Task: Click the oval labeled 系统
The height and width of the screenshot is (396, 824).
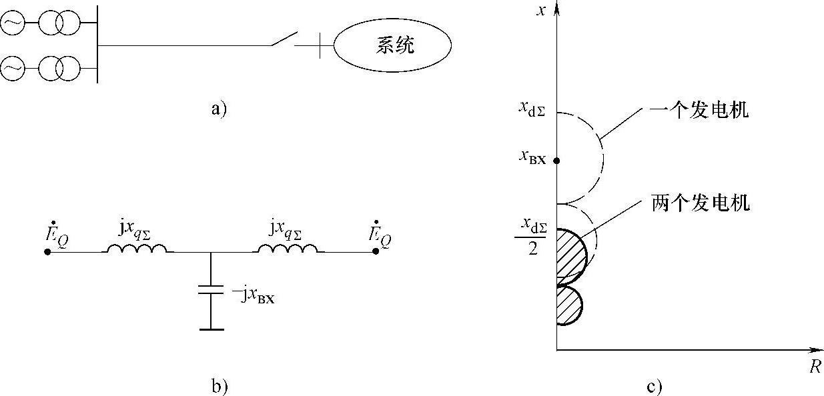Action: [x=392, y=46]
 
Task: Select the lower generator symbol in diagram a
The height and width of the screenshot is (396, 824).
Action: [x=12, y=67]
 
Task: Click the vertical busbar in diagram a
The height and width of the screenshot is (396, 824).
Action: [x=97, y=45]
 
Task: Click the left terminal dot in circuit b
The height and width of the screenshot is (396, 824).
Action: [x=47, y=252]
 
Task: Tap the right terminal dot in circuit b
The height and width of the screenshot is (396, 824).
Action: [x=376, y=252]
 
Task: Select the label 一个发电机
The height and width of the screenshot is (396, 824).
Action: [x=699, y=111]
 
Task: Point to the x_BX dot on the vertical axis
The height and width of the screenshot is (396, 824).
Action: [x=556, y=161]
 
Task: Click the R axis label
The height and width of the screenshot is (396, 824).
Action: [x=815, y=367]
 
